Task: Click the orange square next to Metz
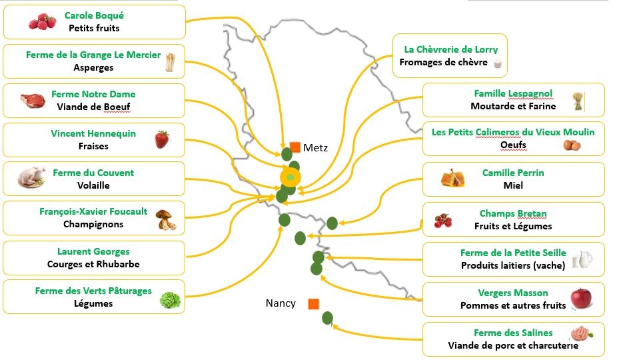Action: point(295,147)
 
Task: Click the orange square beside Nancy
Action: point(313,304)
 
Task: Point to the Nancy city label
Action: point(281,303)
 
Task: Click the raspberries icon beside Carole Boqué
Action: point(42,22)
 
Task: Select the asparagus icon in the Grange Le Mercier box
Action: point(170,62)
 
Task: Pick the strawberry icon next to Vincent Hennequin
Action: point(162,139)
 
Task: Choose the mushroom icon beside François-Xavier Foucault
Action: point(166,219)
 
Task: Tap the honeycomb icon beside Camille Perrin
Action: point(456,178)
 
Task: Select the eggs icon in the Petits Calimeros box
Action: point(571,145)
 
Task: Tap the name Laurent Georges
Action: point(93,252)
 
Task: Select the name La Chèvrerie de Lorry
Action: point(450,49)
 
